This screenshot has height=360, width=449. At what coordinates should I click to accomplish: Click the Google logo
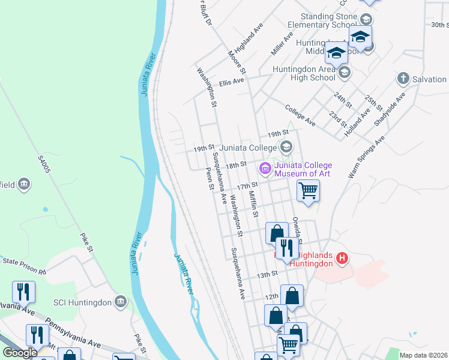[x=20, y=353]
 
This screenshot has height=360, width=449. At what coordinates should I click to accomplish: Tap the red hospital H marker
[x=342, y=259]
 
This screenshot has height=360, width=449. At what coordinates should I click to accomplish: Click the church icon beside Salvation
[x=403, y=79]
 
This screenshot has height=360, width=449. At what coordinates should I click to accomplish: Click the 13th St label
[x=268, y=274]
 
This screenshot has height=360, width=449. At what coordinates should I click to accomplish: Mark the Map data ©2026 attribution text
[x=423, y=355]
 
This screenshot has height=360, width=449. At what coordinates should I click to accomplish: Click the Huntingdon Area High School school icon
[x=344, y=73]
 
